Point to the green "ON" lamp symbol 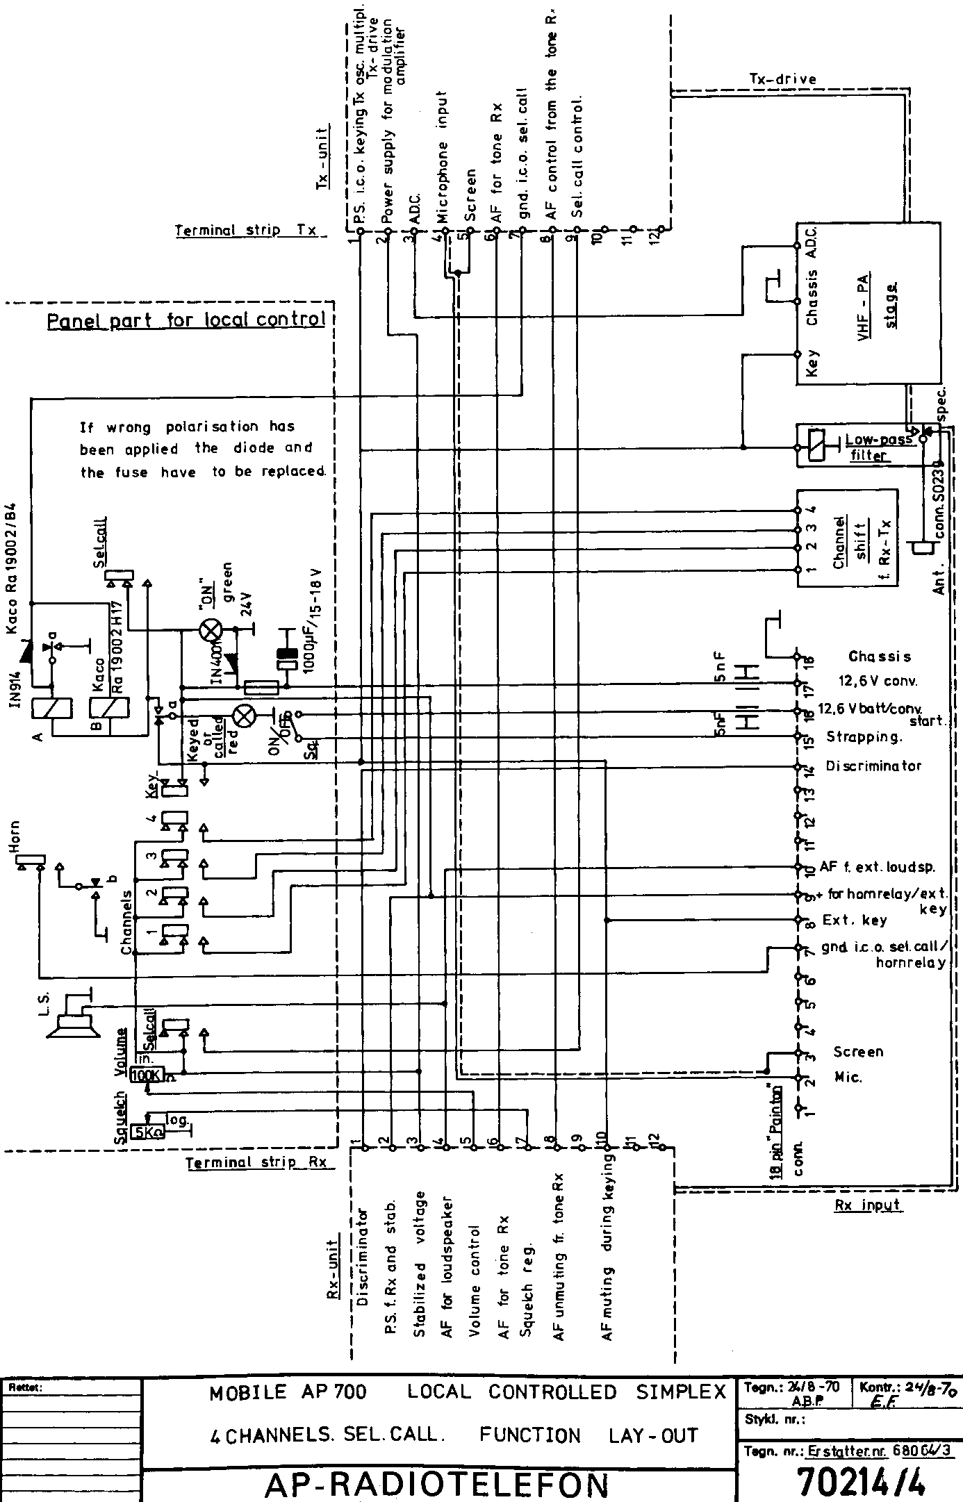pyautogui.click(x=210, y=630)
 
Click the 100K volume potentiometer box pyautogui.click(x=145, y=1075)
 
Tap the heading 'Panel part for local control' pyautogui.click(x=186, y=321)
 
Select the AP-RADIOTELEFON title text pyautogui.click(x=437, y=1484)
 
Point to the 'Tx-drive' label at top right pyautogui.click(x=782, y=79)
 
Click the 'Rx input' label pyautogui.click(x=868, y=1205)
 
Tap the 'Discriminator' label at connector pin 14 pyautogui.click(x=873, y=766)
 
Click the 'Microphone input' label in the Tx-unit pyautogui.click(x=443, y=156)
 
